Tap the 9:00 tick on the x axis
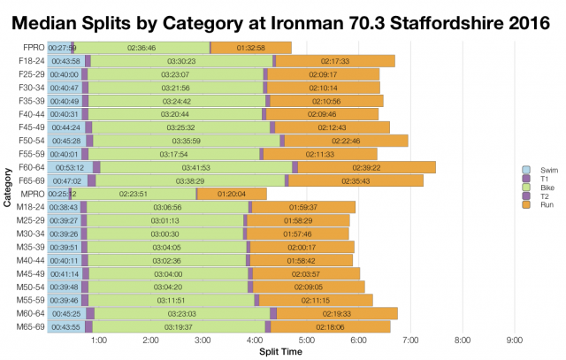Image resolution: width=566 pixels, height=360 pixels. (x=514, y=340)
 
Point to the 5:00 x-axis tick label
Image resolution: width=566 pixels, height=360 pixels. (x=306, y=340)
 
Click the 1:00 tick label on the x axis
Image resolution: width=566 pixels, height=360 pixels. (x=98, y=340)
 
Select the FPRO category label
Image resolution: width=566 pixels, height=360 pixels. (x=30, y=48)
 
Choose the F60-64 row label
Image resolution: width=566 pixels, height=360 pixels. (x=30, y=167)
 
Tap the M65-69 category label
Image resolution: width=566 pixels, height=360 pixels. (x=30, y=327)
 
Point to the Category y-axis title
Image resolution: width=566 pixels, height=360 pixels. (x=8, y=188)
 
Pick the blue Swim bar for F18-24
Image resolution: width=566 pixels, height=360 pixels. (x=64, y=61)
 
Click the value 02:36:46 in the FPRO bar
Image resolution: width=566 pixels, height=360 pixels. (x=141, y=48)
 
